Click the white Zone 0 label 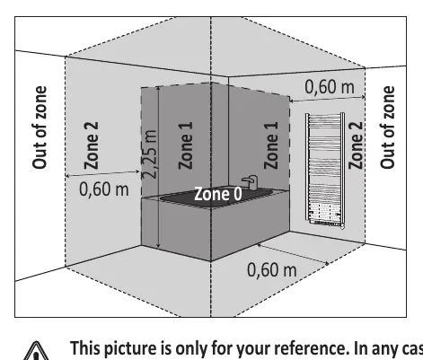(x=218, y=194)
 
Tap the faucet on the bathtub (x=250, y=182)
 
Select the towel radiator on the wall (x=325, y=171)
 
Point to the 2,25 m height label (x=149, y=154)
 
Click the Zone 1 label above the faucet (x=271, y=145)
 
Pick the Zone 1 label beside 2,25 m (x=186, y=145)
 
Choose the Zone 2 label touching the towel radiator (x=356, y=145)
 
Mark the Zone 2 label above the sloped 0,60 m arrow (x=91, y=145)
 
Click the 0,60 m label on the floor (x=272, y=270)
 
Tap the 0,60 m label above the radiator (x=330, y=87)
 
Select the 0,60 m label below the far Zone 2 (x=104, y=189)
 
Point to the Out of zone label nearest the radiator (x=387, y=127)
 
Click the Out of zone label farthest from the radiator (x=40, y=127)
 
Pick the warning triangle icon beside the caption (x=36, y=351)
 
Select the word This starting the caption (x=84, y=348)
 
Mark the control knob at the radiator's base (x=343, y=226)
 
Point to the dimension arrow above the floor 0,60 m (x=293, y=254)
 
